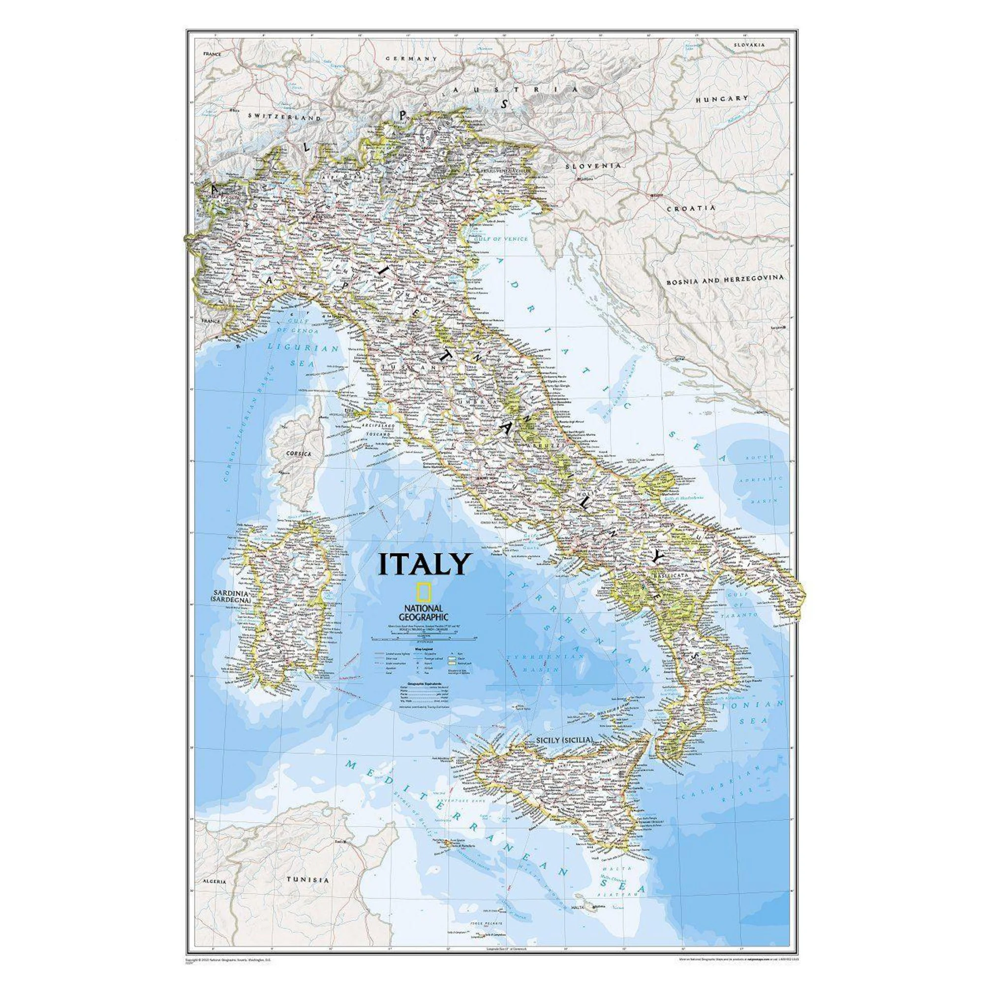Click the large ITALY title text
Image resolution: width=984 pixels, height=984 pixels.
pyautogui.click(x=423, y=564)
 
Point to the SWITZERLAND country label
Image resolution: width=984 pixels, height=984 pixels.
pyautogui.click(x=284, y=117)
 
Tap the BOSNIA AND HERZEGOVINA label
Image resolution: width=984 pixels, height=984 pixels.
pyautogui.click(x=725, y=278)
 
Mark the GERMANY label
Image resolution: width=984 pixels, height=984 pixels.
pyautogui.click(x=411, y=59)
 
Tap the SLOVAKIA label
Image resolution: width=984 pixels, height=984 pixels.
pyautogui.click(x=749, y=45)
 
